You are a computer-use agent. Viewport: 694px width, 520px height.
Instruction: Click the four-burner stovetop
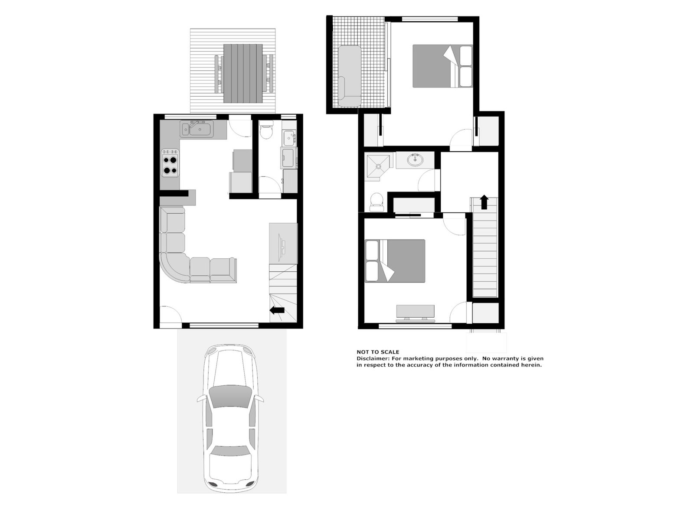(x=170, y=162)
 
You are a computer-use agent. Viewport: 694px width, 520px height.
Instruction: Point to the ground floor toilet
(x=265, y=130)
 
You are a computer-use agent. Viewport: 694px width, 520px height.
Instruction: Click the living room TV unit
(x=283, y=244)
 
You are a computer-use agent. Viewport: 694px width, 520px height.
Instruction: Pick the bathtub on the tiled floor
(x=349, y=75)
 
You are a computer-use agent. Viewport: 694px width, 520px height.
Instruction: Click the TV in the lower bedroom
(x=415, y=312)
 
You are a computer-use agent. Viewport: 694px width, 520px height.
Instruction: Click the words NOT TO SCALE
(x=377, y=352)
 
